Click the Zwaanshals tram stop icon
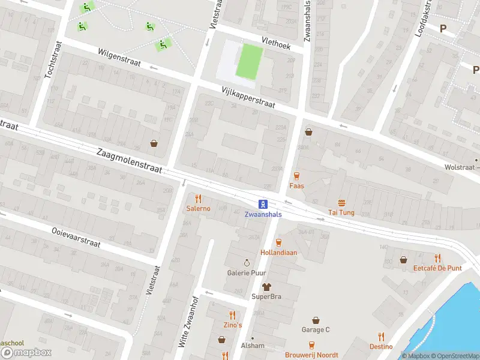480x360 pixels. click(x=263, y=204)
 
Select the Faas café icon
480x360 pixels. click(x=296, y=175)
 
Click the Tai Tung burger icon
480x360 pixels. click(x=341, y=203)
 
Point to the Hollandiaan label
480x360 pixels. click(x=278, y=253)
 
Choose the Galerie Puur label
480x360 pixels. click(x=246, y=272)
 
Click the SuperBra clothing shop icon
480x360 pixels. click(x=266, y=287)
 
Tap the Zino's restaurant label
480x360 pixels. click(x=233, y=325)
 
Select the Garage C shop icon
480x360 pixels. click(x=316, y=320)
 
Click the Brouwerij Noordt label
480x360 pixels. click(x=311, y=355)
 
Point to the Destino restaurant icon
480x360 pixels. click(x=381, y=337)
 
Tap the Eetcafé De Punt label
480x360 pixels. click(x=437, y=268)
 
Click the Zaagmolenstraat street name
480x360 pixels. click(x=129, y=160)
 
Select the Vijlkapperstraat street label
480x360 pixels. click(x=248, y=97)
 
